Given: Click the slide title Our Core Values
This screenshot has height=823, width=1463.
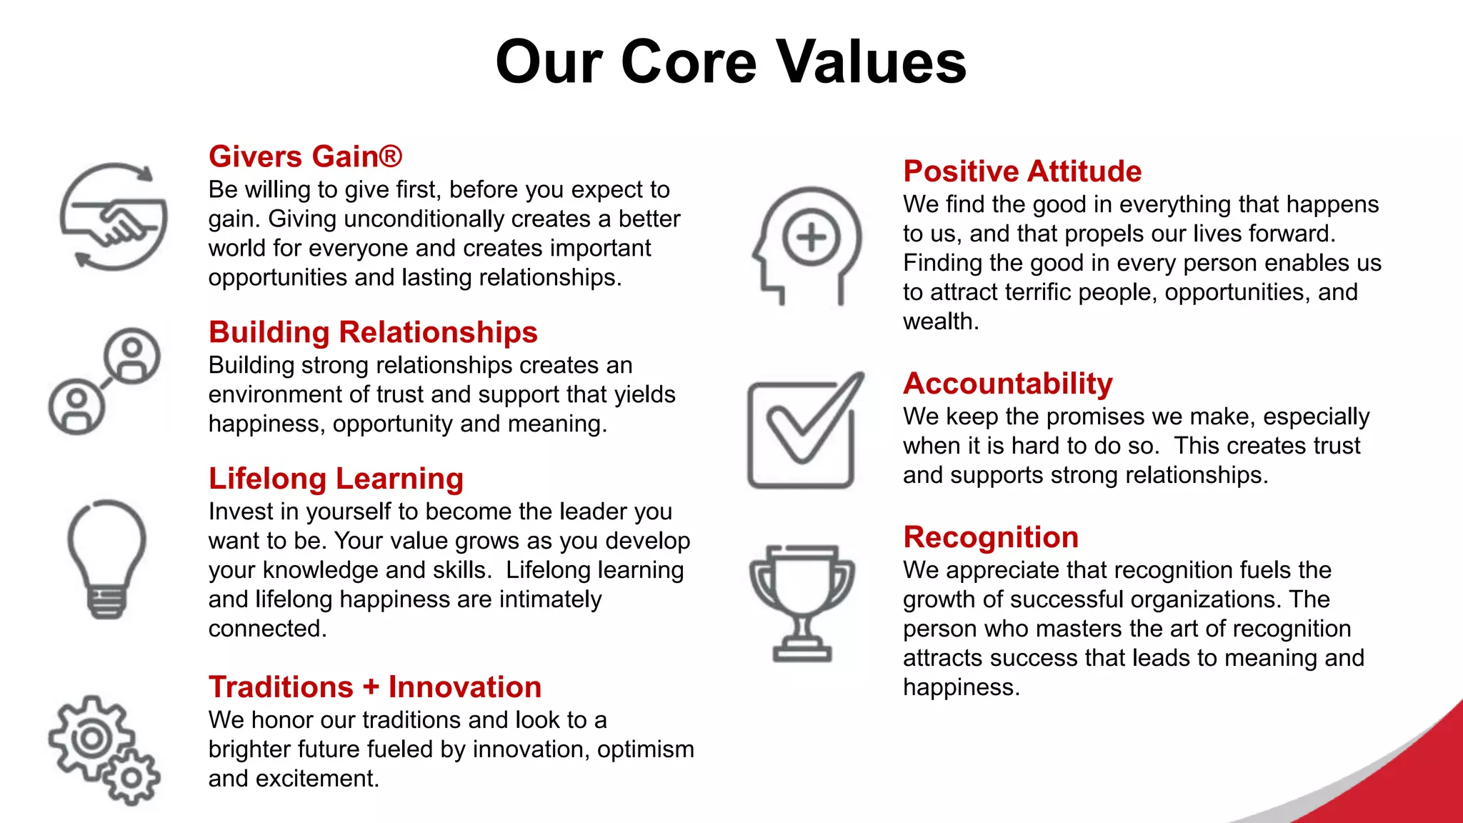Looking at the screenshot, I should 731,62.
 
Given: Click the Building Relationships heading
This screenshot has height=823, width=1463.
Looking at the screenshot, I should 373,332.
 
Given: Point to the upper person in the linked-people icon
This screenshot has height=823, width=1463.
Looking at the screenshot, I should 132,356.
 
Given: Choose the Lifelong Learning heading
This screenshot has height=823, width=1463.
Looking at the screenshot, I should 336,479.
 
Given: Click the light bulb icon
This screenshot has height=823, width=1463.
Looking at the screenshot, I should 107,557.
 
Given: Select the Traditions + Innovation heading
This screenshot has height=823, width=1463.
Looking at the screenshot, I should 375,687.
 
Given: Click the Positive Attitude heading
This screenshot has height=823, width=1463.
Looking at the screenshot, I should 1022,171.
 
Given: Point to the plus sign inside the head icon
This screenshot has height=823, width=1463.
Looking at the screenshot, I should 812,237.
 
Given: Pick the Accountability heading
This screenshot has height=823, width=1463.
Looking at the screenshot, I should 1007,384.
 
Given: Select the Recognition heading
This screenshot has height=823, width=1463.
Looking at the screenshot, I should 991,537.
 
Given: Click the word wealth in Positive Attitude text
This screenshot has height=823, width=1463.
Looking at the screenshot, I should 939,321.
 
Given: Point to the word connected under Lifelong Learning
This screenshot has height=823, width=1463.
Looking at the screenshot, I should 266,629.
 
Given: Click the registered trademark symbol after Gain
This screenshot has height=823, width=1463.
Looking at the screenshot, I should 391,156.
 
